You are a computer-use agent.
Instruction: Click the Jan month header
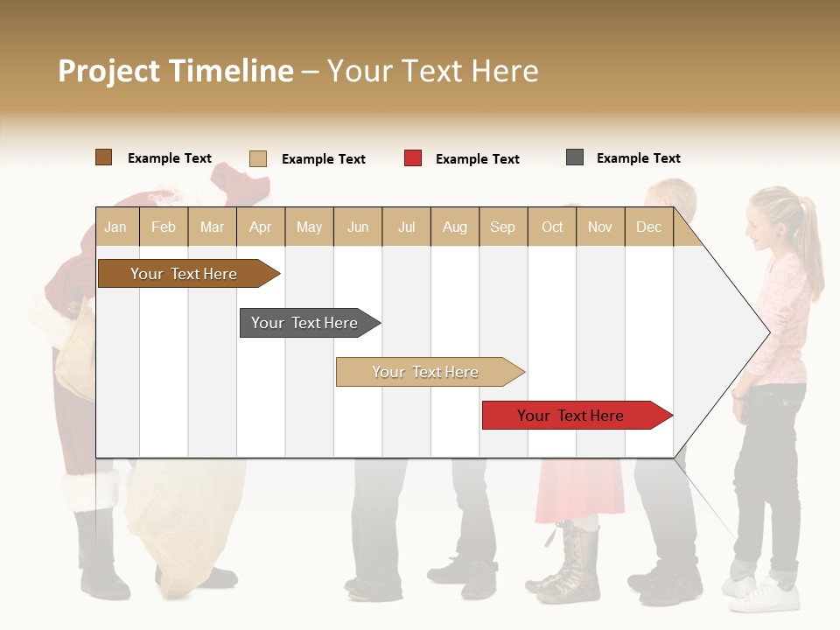[x=115, y=227]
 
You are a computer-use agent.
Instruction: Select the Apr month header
[x=261, y=227]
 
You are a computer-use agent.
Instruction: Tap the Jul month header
[x=407, y=227]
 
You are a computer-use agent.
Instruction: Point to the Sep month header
[x=503, y=227]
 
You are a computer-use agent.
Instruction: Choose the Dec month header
[x=649, y=227]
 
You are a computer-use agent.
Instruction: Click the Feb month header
[x=164, y=227]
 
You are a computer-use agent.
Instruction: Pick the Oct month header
[x=552, y=227]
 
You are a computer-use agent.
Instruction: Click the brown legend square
[x=104, y=157]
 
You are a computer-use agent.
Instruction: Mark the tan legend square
[x=258, y=158]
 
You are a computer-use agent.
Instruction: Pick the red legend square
[x=413, y=158]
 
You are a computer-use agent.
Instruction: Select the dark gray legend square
[x=575, y=157]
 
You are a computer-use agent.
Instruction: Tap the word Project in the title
[x=109, y=71]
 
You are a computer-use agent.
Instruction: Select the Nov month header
[x=600, y=227]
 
